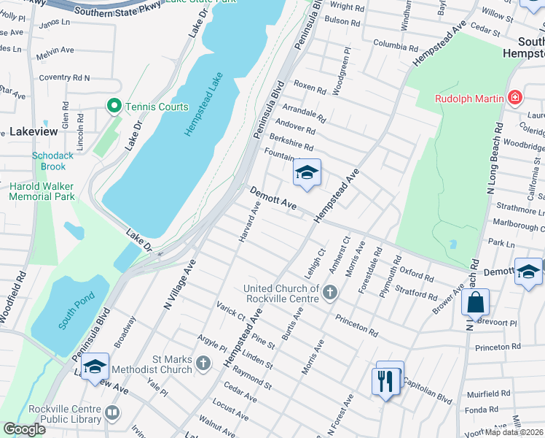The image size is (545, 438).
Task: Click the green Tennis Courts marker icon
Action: pyautogui.click(x=114, y=107)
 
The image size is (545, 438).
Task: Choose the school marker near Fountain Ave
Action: pyautogui.click(x=307, y=173)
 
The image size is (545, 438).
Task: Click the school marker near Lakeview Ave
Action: pyautogui.click(x=95, y=367)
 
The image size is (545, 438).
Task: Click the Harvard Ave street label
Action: pyautogui.click(x=249, y=223)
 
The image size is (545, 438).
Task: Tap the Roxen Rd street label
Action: pyautogui.click(x=311, y=88)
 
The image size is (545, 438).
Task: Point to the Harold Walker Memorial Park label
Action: pyautogui.click(x=42, y=191)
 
